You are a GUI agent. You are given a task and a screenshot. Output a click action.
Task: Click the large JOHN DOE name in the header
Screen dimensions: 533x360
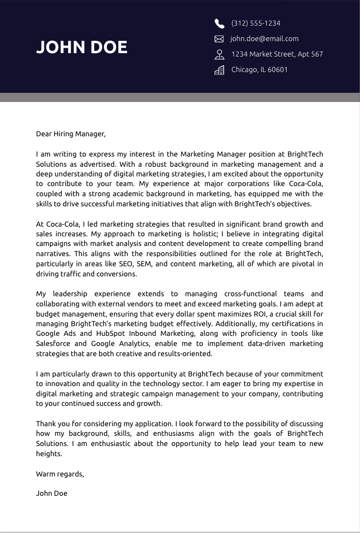point(82,47)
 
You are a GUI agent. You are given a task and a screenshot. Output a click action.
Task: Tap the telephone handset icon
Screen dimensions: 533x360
point(219,24)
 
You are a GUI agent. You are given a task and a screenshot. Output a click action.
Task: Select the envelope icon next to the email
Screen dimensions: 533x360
point(219,39)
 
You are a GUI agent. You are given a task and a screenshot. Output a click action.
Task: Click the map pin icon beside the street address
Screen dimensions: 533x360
point(219,54)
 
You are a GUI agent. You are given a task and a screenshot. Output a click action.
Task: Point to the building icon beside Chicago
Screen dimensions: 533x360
point(219,70)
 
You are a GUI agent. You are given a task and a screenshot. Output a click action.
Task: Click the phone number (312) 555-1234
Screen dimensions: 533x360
point(256,23)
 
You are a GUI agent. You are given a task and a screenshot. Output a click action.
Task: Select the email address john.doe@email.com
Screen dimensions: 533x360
point(264,39)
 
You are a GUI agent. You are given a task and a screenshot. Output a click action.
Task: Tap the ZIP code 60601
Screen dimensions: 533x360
point(277,70)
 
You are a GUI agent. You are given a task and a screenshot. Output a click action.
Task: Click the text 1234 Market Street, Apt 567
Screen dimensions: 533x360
point(277,54)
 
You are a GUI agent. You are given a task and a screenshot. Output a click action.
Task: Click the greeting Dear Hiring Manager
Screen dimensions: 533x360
point(71,134)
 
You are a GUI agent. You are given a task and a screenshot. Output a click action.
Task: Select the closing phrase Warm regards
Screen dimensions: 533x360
point(59,474)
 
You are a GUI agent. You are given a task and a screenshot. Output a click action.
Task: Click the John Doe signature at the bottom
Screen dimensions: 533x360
point(52,493)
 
